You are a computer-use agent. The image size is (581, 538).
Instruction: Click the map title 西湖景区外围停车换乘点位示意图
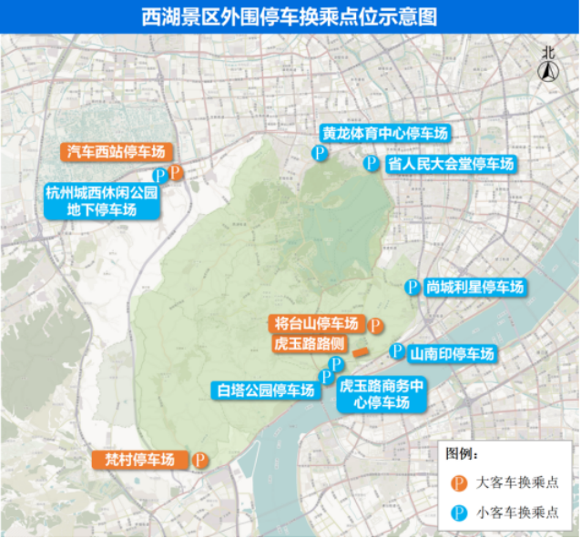pyautogui.click(x=290, y=16)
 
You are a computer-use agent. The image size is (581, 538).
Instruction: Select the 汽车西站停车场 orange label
pyautogui.click(x=115, y=152)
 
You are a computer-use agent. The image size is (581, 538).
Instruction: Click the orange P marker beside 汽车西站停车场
pyautogui.click(x=176, y=171)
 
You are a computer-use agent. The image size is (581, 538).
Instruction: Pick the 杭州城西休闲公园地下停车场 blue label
pyautogui.click(x=102, y=201)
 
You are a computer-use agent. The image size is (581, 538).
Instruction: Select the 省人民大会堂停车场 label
pyautogui.click(x=451, y=164)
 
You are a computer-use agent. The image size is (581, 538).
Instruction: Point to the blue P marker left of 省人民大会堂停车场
pyautogui.click(x=371, y=164)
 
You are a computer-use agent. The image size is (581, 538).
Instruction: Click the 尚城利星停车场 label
pyautogui.click(x=474, y=287)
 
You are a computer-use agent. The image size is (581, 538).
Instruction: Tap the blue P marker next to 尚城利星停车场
pyautogui.click(x=412, y=287)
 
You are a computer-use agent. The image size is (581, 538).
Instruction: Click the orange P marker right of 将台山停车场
pyautogui.click(x=374, y=325)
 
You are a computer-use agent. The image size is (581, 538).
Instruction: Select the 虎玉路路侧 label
pyautogui.click(x=308, y=344)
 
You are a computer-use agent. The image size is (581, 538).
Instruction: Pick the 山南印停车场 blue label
pyautogui.click(x=452, y=353)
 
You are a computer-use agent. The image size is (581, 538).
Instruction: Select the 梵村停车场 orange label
pyautogui.click(x=139, y=460)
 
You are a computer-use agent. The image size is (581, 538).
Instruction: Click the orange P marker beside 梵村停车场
pyautogui.click(x=199, y=461)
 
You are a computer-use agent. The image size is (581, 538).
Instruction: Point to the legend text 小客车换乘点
pyautogui.click(x=517, y=512)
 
